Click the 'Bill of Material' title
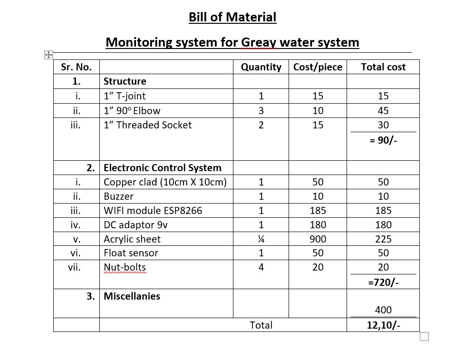(x=232, y=18)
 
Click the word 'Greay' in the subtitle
(x=260, y=42)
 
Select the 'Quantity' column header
(x=261, y=67)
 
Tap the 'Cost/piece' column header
(x=318, y=67)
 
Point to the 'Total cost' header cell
(x=383, y=67)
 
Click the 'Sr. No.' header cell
(x=77, y=67)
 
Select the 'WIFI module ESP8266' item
(x=153, y=210)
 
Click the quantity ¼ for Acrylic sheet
(x=261, y=239)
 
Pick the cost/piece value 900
(x=318, y=239)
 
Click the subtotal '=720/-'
(x=383, y=282)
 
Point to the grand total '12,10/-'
(x=383, y=325)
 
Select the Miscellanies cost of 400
(x=383, y=310)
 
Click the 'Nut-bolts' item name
(x=125, y=267)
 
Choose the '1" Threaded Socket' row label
(x=147, y=125)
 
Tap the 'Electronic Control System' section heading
(x=162, y=168)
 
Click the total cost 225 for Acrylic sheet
(x=383, y=239)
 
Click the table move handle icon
(x=48, y=55)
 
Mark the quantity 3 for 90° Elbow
(x=261, y=111)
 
